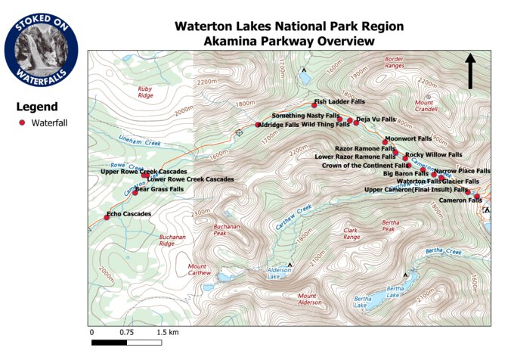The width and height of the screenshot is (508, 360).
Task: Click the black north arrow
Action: point(470,70)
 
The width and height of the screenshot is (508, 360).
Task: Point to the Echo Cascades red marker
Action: point(107,218)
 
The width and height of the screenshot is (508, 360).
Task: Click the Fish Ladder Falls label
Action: point(339,101)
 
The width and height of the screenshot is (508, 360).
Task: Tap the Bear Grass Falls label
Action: point(160,189)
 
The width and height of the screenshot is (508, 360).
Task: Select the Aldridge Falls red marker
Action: point(258,125)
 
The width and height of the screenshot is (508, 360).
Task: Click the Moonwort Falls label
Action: point(408,139)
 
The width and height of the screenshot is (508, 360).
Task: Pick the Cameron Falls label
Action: point(460,200)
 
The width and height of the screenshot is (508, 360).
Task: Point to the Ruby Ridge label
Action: point(145,92)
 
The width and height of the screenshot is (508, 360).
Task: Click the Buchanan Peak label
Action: point(205,229)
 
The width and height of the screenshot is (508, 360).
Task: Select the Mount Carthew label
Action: point(200,269)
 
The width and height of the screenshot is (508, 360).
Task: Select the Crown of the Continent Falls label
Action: point(364,165)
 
